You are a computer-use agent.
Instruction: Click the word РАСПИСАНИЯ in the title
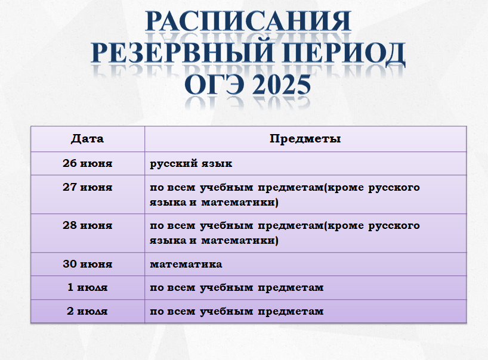(x=248, y=21)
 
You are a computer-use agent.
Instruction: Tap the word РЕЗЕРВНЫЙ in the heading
(x=183, y=52)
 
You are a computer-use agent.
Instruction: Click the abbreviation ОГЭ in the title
(x=214, y=85)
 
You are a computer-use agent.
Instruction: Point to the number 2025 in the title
(x=282, y=85)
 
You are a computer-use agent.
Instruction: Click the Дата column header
(x=87, y=139)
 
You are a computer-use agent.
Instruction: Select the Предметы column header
(x=305, y=139)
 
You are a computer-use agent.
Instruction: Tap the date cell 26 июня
(x=88, y=163)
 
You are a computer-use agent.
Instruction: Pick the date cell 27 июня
(x=88, y=187)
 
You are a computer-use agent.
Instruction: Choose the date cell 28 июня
(x=88, y=225)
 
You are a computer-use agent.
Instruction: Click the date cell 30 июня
(x=88, y=264)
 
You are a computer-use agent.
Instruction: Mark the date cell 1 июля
(x=88, y=287)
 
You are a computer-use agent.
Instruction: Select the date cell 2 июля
(x=88, y=311)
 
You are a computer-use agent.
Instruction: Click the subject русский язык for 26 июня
(x=191, y=164)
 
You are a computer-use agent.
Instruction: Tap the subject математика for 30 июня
(x=186, y=264)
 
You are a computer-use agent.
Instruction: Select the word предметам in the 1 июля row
(x=291, y=288)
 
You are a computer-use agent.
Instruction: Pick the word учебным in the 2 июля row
(x=226, y=312)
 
